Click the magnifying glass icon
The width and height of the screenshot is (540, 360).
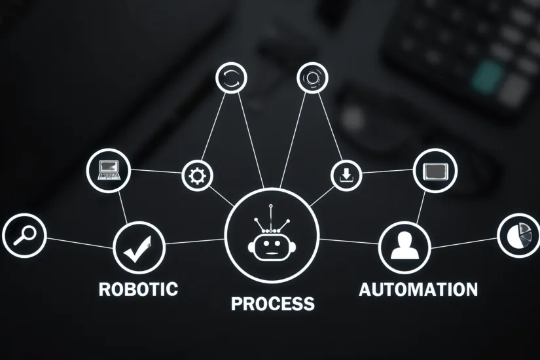point(24,235)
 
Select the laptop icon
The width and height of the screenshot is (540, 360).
point(109,170)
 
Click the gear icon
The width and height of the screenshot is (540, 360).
point(197,175)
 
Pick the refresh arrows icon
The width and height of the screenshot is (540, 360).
point(232,79)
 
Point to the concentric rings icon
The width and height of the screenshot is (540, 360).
point(312,78)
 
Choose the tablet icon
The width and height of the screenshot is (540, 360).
point(435,171)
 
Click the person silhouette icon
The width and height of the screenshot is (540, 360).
point(404,246)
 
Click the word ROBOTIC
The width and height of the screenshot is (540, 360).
point(138,289)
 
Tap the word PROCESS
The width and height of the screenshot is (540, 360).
point(272,304)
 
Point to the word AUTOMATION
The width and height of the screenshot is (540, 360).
point(418,289)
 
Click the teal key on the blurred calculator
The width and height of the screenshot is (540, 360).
point(488,77)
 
